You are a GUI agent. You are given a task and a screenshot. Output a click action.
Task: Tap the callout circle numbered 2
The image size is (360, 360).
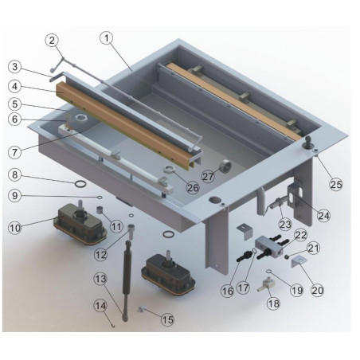point(52,40)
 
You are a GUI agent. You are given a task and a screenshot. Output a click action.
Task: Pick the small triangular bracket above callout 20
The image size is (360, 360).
point(296,260)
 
